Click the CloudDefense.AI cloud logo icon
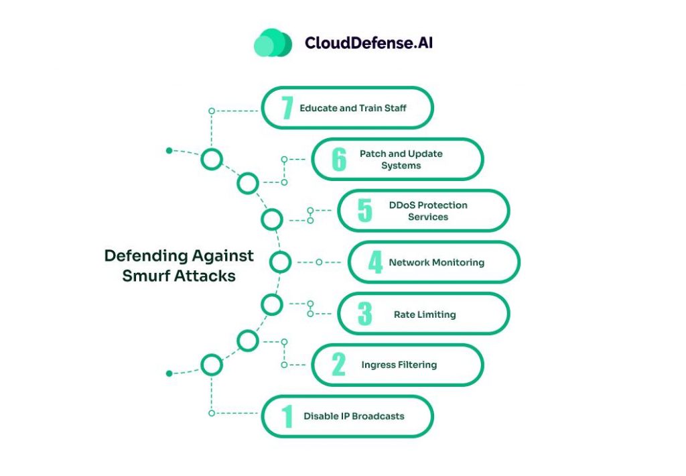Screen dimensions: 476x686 (273, 43)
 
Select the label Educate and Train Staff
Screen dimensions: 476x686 (353, 108)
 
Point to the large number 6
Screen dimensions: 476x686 (339, 160)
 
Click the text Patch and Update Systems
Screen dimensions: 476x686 (401, 160)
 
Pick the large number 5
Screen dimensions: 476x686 (364, 211)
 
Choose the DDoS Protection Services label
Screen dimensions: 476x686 (427, 211)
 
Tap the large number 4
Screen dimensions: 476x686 (375, 262)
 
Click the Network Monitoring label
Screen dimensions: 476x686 (436, 262)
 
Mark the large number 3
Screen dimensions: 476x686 (364, 314)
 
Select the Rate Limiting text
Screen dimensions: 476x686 (425, 314)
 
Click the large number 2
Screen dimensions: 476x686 (339, 365)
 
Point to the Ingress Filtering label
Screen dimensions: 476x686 (399, 365)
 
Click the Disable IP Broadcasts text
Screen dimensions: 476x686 (354, 416)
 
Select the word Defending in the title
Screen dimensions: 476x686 (145, 255)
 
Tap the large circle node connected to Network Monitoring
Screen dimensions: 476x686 (281, 262)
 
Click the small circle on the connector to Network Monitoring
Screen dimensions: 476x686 (319, 262)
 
